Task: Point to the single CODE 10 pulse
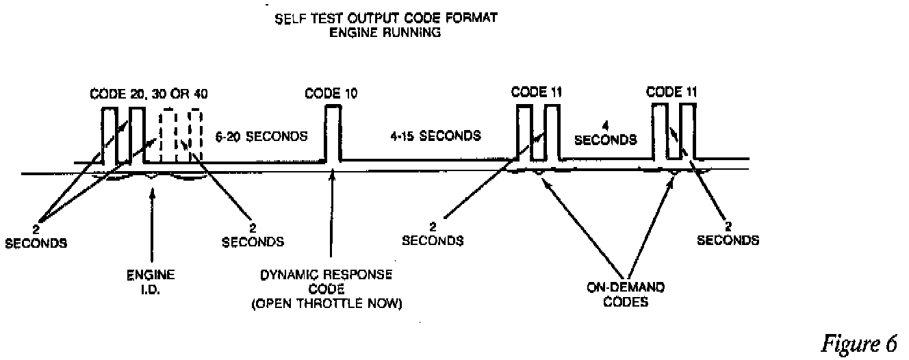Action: point(333,133)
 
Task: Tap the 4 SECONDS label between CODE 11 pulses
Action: point(605,133)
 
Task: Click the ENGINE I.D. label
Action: point(152,281)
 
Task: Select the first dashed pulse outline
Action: point(168,137)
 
